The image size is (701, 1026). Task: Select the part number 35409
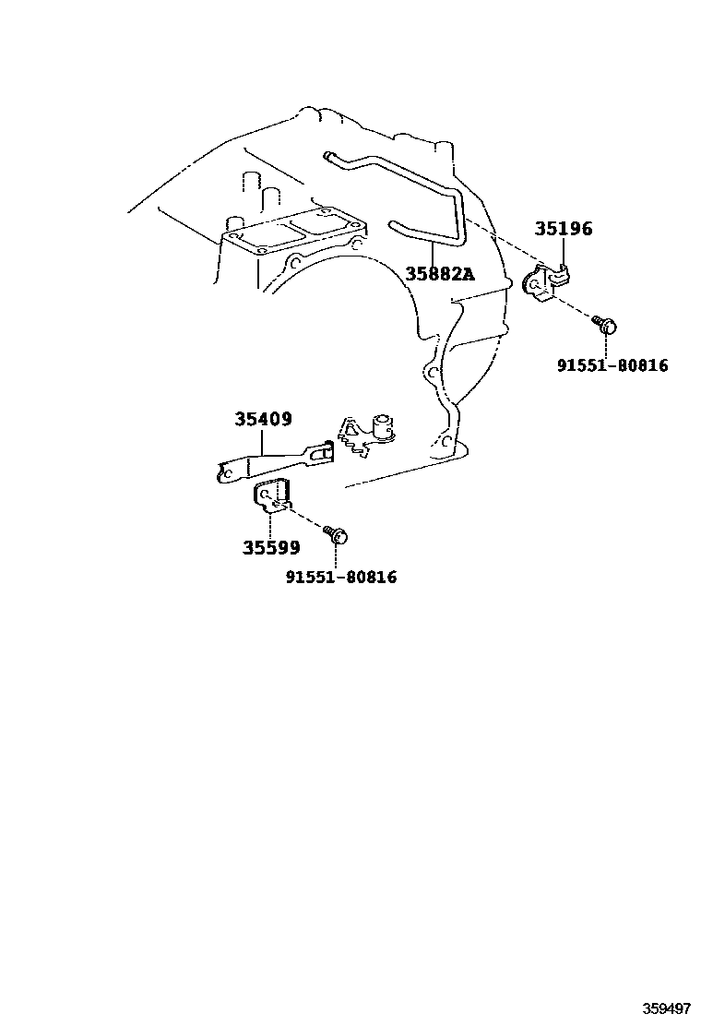pos(263,420)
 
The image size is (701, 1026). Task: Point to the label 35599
pos(271,548)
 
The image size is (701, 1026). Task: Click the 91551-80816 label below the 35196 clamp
pos(612,366)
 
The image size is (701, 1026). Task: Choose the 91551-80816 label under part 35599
pos(340,578)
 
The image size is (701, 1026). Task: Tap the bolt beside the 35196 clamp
pos(605,324)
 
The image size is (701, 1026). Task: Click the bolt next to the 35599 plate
pos(335,532)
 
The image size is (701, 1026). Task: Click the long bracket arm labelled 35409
pos(267,462)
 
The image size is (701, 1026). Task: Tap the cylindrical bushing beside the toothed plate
pos(382,425)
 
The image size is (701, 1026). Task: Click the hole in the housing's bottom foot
pos(446,445)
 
